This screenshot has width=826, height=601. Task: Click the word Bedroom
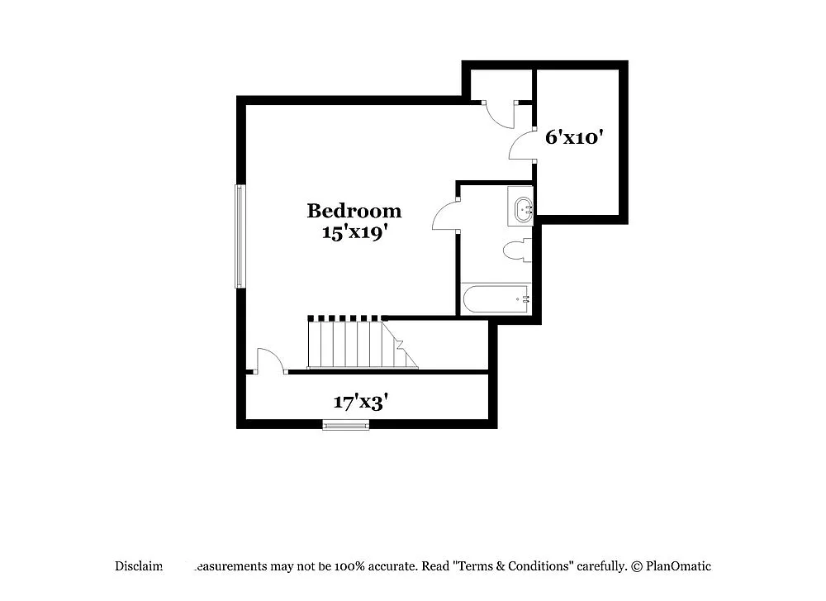point(354,212)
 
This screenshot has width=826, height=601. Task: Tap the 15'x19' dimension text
point(354,232)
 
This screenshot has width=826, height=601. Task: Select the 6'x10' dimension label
point(570,137)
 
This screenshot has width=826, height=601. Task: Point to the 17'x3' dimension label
point(361,403)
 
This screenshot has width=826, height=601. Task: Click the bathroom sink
point(523,210)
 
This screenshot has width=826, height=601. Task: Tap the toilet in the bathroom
point(518,250)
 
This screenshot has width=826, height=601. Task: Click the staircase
point(360,344)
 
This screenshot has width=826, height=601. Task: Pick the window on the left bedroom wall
point(240,236)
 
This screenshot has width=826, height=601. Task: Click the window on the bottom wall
point(345,426)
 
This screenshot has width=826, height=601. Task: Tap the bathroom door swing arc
point(445,217)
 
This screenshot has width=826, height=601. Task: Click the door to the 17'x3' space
point(269,361)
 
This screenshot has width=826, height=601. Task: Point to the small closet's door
point(498,113)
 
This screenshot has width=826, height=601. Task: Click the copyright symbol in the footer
point(637,567)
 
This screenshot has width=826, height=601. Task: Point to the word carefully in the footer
point(601,567)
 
